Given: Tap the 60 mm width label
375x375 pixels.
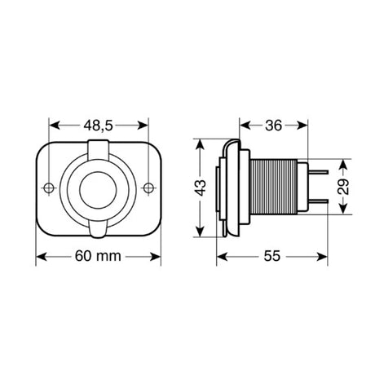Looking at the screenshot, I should point(99,256).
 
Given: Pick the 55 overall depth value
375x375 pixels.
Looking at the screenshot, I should point(272,256).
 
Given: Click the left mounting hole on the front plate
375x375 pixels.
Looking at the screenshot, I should point(49,187).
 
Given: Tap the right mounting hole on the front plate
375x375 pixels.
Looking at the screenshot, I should point(148,187).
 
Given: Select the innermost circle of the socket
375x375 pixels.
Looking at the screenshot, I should point(99,188).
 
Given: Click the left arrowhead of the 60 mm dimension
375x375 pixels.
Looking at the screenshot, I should point(40,256).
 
